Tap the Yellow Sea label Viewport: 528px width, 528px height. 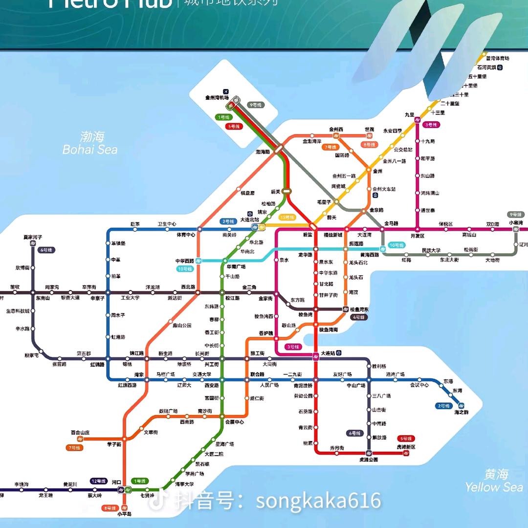[494, 481]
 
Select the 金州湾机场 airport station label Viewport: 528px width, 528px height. [217, 98]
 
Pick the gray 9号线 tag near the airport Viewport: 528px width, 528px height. [256, 105]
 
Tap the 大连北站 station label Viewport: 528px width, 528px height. [250, 220]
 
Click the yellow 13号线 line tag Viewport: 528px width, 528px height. [287, 217]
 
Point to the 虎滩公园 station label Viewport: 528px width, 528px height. [369, 460]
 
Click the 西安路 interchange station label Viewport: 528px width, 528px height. [211, 385]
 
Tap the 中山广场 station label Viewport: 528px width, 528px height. [356, 385]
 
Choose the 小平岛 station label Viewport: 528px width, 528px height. [125, 514]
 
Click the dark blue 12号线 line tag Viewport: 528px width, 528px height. [98, 481]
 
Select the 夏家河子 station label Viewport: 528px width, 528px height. [33, 237]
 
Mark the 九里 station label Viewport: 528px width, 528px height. [409, 114]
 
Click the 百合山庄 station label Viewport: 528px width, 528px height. [81, 433]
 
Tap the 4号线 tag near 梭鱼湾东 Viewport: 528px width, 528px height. [358, 317]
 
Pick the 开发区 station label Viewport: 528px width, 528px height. [418, 236]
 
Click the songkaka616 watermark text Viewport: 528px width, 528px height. [318, 501]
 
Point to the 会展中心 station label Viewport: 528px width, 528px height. [234, 422]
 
